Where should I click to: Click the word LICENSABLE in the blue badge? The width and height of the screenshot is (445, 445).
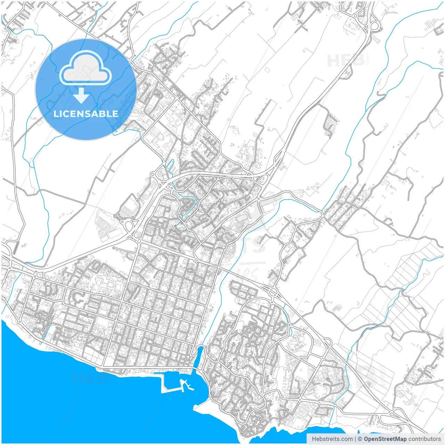pyautogui.click(x=86, y=114)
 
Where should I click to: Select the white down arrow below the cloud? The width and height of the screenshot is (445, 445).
pyautogui.click(x=81, y=96)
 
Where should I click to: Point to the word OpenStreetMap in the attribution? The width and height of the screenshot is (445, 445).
pyautogui.click(x=385, y=439)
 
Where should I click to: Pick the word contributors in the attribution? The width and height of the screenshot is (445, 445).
pyautogui.click(x=424, y=439)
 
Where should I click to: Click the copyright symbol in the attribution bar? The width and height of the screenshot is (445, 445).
pyautogui.click(x=360, y=439)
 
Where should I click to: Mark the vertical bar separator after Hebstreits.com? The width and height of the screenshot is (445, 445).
pyautogui.click(x=355, y=439)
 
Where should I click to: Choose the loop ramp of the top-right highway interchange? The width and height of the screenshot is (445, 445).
pyautogui.click(x=375, y=26)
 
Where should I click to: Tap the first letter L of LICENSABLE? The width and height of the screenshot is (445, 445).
pyautogui.click(x=56, y=114)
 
